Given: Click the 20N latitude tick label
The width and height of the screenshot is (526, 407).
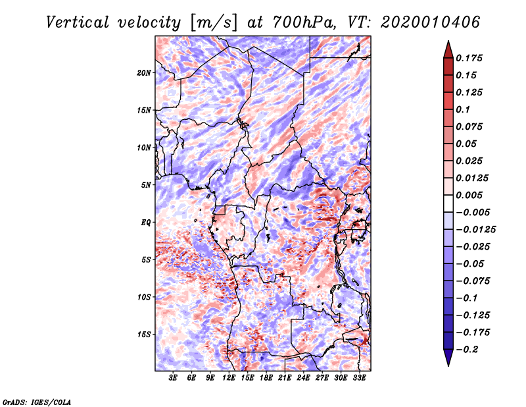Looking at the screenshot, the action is click(x=144, y=73).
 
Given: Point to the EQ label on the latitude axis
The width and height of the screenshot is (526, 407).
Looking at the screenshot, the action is click(x=146, y=223).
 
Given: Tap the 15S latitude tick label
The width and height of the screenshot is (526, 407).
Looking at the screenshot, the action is click(x=144, y=335).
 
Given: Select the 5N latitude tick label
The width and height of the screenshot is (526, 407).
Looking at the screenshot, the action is click(x=146, y=185).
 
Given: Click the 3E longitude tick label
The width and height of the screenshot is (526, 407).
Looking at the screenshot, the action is click(x=173, y=378).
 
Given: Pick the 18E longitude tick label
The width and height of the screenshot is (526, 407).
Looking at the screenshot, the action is click(x=266, y=378).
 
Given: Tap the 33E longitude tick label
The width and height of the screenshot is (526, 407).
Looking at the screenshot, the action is click(x=359, y=378).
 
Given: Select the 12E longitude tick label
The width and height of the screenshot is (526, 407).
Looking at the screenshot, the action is click(x=229, y=378).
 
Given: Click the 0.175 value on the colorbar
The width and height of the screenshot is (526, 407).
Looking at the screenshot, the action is click(x=469, y=58).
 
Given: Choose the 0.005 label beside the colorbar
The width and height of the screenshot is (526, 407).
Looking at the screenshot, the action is click(x=469, y=195).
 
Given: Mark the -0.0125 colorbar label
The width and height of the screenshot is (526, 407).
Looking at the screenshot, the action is click(x=475, y=230).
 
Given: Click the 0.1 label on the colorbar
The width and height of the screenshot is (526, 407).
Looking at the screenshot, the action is click(x=463, y=109).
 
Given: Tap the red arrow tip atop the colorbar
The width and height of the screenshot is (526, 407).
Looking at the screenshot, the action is click(x=448, y=41).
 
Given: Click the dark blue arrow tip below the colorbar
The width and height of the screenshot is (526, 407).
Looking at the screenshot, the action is click(x=448, y=366).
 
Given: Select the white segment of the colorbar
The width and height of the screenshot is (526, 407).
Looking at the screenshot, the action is click(x=448, y=203).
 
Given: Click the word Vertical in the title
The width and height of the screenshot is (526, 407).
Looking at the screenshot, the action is click(x=78, y=22).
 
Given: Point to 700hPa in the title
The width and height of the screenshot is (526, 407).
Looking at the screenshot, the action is click(x=304, y=22).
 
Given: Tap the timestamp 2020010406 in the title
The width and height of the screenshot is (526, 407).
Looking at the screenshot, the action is click(x=430, y=22).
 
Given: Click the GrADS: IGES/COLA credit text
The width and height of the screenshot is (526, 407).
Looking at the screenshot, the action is click(x=37, y=402).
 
